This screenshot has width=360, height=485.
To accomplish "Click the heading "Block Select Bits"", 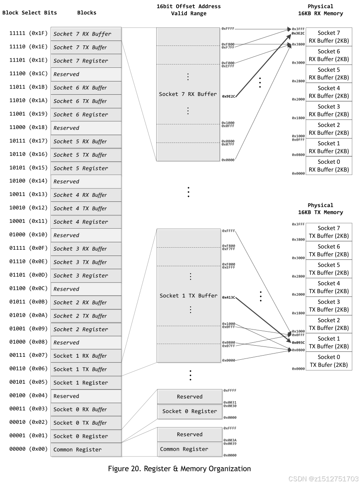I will coord(30,12).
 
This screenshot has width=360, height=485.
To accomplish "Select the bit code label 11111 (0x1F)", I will coord(29,33).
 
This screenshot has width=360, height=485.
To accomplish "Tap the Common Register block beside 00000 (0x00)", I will coord(86,449).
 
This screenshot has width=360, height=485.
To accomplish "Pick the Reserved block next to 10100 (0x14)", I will coord(86,182).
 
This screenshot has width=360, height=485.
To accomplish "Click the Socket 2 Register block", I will coord(86,329).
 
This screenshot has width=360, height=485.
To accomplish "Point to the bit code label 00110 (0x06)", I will coord(29,369).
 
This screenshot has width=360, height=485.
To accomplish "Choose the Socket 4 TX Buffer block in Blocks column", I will coord(86,208).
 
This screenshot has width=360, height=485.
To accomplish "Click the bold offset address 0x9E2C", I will coord(229,96).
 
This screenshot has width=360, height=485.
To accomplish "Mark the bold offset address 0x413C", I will coord(229,297).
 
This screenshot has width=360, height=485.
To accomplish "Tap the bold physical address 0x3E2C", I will coord(298,33).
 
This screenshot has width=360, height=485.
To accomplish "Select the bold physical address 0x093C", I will coord(298,342).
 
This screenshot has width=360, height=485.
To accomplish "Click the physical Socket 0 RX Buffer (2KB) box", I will coord(329,165).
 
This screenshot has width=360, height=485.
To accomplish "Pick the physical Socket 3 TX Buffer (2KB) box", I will coord(329,306).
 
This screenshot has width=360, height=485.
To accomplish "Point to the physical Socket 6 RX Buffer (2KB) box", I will coord(329,55).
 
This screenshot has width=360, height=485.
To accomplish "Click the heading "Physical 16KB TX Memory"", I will coord(320,209).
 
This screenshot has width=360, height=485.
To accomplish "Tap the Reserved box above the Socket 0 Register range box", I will coord(189,397).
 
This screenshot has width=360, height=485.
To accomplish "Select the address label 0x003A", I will coord(230,440).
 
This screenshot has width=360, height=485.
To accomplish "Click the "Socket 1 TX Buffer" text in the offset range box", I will coord(188,296).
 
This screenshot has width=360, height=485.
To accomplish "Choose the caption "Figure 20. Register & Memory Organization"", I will coord(179,468).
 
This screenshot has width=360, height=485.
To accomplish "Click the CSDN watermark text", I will coord(323,479).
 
